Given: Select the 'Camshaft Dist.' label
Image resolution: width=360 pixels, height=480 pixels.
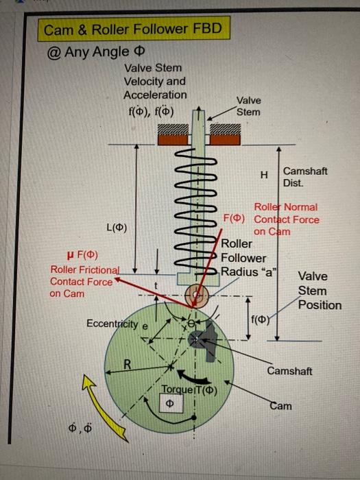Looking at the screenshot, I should pyautogui.click(x=304, y=178).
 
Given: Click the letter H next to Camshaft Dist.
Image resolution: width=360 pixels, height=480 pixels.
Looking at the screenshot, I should pyautogui.click(x=264, y=176).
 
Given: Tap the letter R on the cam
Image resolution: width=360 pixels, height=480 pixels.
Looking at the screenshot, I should pyautogui.click(x=128, y=363).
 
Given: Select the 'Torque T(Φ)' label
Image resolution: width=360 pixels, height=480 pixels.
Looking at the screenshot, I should pyautogui.click(x=189, y=391).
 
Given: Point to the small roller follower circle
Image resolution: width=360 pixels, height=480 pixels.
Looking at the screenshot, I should pyautogui.click(x=198, y=296).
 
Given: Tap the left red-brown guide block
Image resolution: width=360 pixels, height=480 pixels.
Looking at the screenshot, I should pyautogui.click(x=175, y=138).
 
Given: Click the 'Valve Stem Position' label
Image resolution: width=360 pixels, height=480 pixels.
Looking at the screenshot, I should pyautogui.click(x=318, y=291).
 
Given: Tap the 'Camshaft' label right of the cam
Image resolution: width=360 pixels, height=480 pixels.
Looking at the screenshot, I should pyautogui.click(x=289, y=371).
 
